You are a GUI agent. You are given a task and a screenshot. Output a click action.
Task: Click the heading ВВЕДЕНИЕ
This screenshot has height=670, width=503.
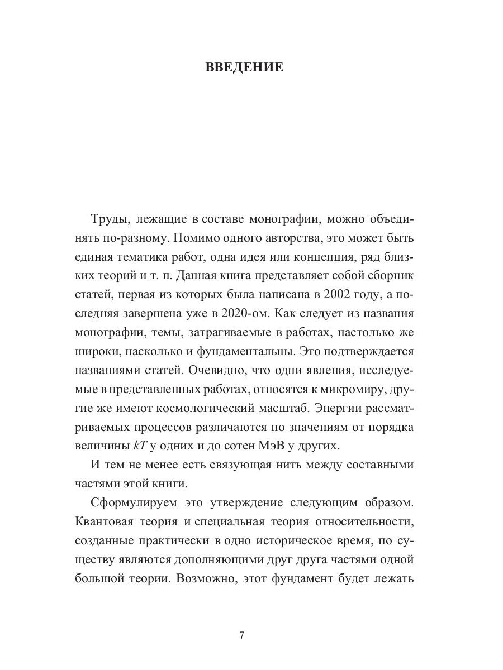click(x=244, y=68)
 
